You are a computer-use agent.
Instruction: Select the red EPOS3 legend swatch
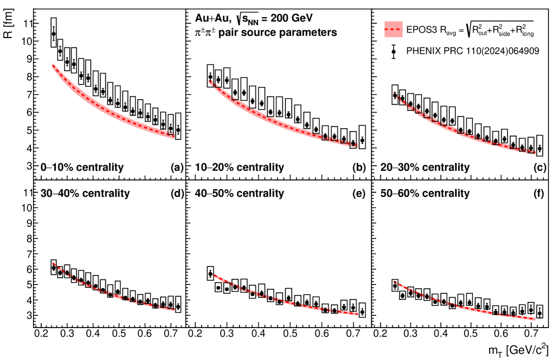[395, 29]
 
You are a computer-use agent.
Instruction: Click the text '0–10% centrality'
[82, 167]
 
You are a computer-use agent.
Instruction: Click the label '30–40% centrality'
[85, 194]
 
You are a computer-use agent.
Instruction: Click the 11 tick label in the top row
[26, 24]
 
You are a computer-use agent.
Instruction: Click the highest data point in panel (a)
[54, 34]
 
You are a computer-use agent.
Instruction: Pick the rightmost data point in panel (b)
[362, 140]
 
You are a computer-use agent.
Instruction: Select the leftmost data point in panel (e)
[210, 273]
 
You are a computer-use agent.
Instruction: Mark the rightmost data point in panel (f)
[540, 313]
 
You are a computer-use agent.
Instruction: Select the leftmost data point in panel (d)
[54, 268]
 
